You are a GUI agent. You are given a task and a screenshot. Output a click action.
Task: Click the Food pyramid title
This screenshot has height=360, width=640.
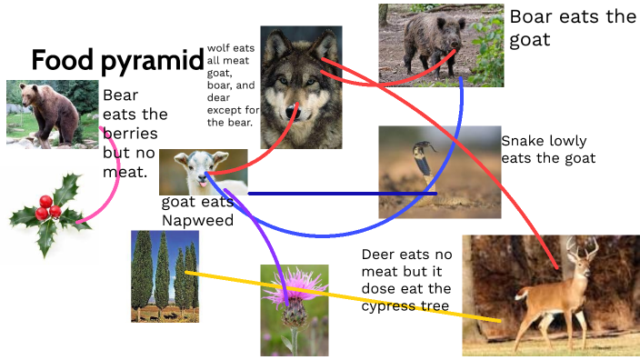click(116, 61)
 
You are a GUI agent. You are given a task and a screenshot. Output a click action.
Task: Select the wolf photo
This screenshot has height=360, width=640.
click(301, 86)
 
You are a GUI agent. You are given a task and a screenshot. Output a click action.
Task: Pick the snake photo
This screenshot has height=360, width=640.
click(439, 171)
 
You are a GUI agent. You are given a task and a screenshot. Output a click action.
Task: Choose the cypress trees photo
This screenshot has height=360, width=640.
click(165, 275)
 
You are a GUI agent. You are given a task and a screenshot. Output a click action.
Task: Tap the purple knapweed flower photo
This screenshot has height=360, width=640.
click(294, 310)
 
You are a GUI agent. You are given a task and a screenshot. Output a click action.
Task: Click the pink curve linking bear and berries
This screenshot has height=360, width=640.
click(114, 182)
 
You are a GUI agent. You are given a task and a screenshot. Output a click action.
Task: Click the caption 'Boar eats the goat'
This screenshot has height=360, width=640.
click(572, 28)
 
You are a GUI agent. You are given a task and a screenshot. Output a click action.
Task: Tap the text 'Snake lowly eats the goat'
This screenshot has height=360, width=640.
click(548, 149)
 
